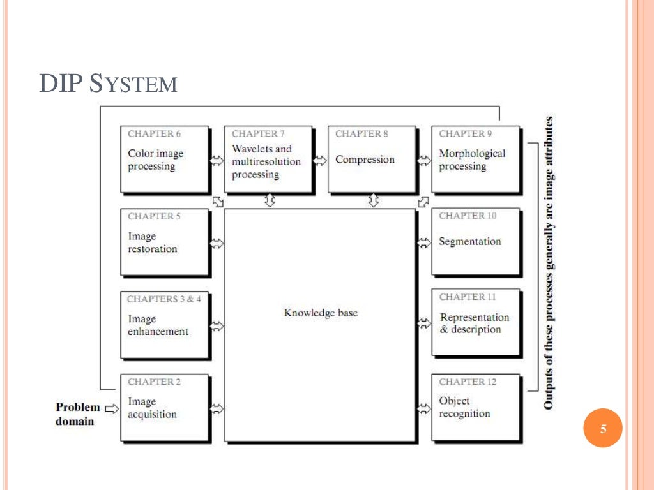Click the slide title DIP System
coord(108,84)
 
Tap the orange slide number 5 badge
coord(603,429)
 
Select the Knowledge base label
coord(321,313)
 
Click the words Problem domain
coord(77,413)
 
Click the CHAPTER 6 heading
coord(154,134)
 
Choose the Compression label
coord(365,160)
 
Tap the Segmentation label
coord(469,242)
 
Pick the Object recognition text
coord(464,407)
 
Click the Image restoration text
coord(152,242)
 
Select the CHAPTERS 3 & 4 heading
coord(163,299)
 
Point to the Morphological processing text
coord(471,160)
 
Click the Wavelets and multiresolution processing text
coord(266,161)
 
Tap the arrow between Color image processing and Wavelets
coord(217,160)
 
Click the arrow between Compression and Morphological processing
coord(424,160)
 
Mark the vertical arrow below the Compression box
coord(373,201)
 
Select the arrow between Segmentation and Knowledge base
coord(424,242)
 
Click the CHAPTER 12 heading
coord(468,382)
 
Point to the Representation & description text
coord(474,323)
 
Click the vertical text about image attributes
coord(548,262)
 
